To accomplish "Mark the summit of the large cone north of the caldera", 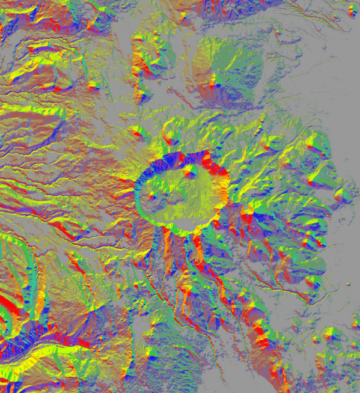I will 215,84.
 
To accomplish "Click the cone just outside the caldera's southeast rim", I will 248,210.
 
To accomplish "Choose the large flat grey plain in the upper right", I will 313,72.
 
